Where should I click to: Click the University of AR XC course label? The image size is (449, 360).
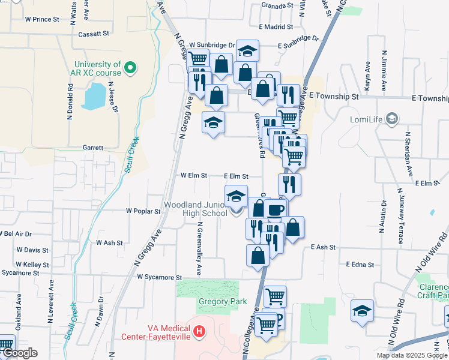97,68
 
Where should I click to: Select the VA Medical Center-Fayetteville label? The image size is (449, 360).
169,332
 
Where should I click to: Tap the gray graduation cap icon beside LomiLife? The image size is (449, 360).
392,119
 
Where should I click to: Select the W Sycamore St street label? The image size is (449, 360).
159,277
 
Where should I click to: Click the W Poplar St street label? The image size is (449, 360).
143,211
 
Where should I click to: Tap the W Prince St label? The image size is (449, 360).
42,19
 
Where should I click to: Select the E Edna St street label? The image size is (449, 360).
360,264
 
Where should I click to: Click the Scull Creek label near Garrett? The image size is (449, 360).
132,154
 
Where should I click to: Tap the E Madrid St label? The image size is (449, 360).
276,26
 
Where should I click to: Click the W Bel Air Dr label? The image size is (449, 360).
16,233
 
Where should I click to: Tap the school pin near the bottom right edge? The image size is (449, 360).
363,311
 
